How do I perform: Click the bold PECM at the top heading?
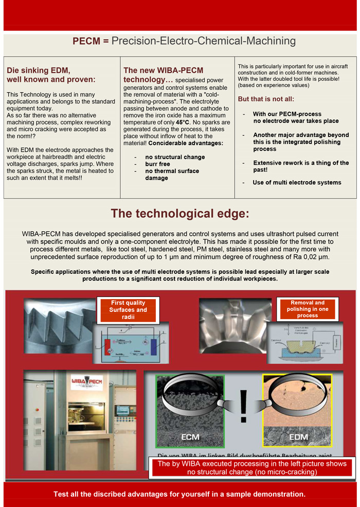tap(86, 41)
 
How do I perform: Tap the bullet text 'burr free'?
tap(157, 164)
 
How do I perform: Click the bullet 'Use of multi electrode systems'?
tap(297, 182)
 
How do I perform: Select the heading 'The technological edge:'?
tap(180, 214)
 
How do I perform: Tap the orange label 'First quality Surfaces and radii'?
tap(128, 310)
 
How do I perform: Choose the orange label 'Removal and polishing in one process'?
tap(307, 309)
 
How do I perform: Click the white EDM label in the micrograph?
tap(291, 437)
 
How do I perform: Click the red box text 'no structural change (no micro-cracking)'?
tap(252, 471)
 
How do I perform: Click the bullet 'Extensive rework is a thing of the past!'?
tap(301, 166)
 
